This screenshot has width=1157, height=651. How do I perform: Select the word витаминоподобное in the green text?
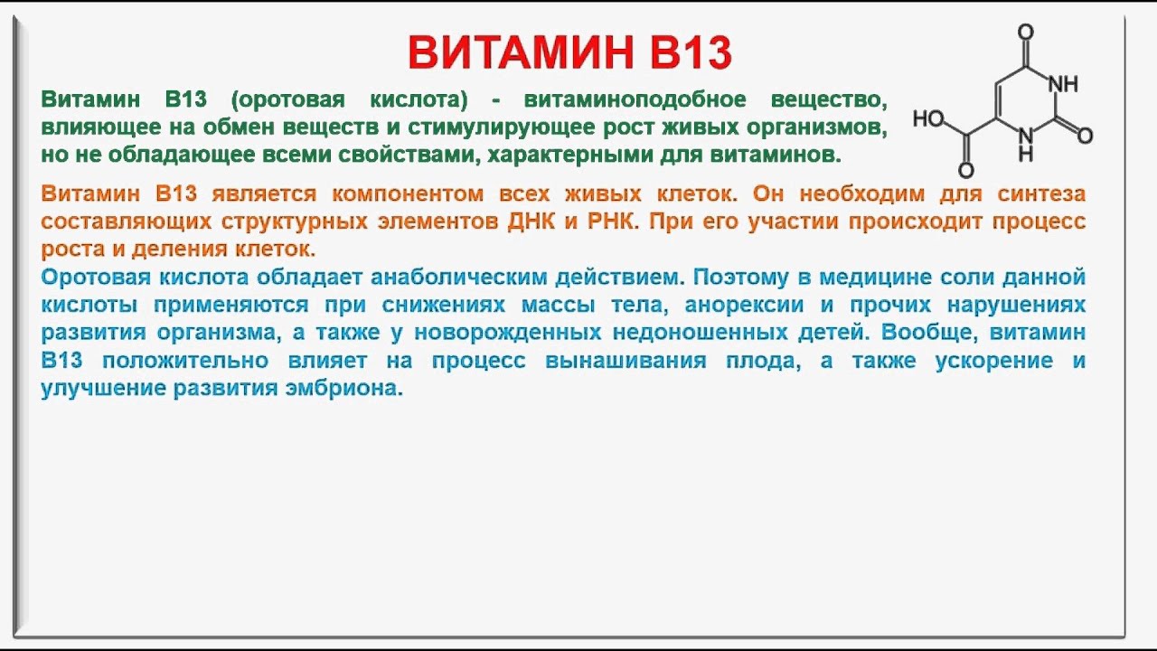click(635, 99)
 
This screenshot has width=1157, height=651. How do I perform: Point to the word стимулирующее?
click(501, 127)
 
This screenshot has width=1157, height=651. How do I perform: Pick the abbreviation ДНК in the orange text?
click(531, 222)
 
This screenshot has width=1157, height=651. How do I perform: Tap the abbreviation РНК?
click(610, 222)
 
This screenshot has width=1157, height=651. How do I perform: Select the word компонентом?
click(408, 194)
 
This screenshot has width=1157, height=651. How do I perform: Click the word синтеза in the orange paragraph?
click(1041, 194)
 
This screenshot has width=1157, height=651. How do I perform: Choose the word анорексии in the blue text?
click(744, 306)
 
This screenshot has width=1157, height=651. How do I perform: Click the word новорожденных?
click(508, 333)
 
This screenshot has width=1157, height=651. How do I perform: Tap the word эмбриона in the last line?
click(344, 389)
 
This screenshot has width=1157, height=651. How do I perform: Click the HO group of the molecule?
click(928, 118)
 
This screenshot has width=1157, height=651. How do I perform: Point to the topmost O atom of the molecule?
click(1025, 33)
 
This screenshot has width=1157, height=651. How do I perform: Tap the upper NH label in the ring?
click(1064, 84)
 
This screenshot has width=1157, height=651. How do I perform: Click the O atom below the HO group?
click(966, 170)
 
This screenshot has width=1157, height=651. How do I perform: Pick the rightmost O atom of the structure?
click(1085, 136)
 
